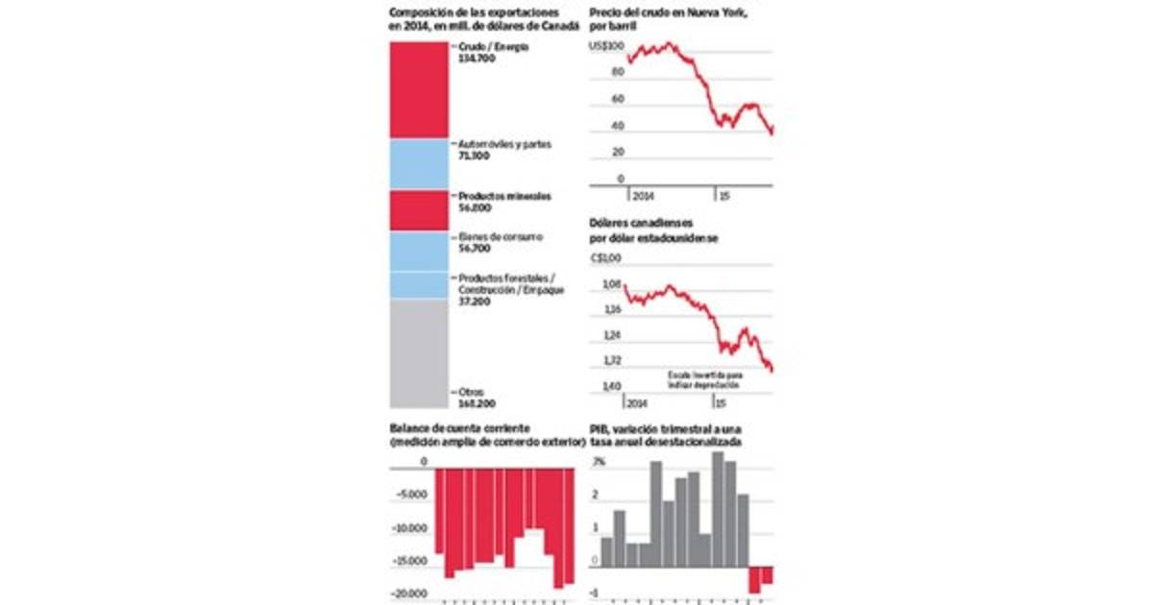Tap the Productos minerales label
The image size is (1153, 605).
coord(505,196)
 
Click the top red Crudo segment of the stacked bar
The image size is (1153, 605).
coord(418,90)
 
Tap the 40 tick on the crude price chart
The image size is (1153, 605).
coord(618,126)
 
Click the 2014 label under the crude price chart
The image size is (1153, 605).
coord(642,194)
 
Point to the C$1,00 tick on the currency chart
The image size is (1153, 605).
coord(609,257)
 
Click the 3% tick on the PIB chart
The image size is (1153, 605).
coord(599,463)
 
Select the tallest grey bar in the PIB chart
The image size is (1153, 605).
coord(718,509)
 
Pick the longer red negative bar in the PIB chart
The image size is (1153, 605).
coord(754,580)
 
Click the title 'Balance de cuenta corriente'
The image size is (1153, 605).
coord(460,427)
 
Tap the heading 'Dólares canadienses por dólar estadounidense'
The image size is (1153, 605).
coord(653,230)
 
